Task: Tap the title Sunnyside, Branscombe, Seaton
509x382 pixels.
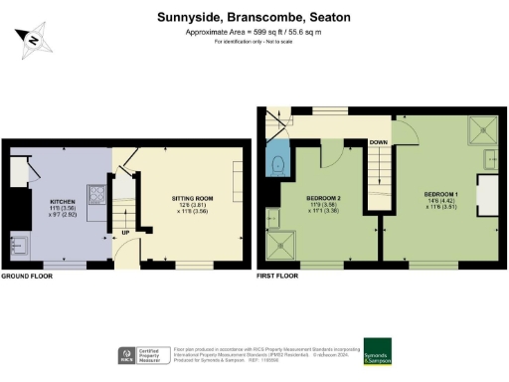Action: pyautogui.click(x=254, y=17)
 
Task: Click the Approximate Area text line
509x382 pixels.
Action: pyautogui.click(x=254, y=33)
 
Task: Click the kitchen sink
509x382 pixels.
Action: pyautogui.click(x=21, y=241)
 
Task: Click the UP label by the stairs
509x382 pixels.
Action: pyautogui.click(x=125, y=235)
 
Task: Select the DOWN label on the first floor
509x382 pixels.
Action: pyautogui.click(x=378, y=142)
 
